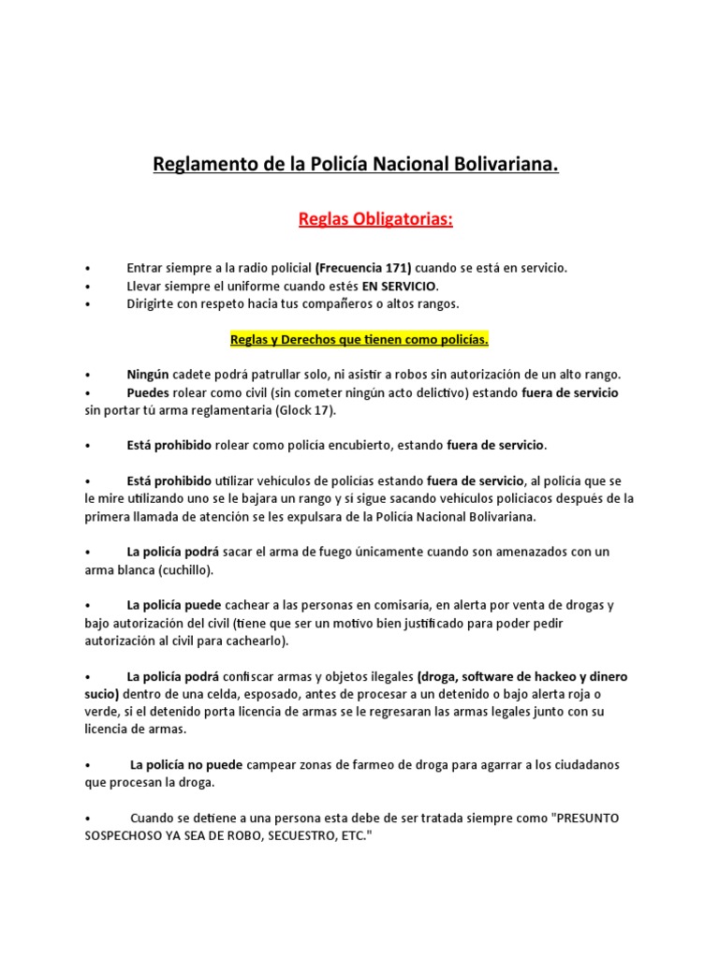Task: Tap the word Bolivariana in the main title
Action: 506,166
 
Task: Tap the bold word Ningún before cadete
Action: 147,375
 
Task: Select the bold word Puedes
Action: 148,392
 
